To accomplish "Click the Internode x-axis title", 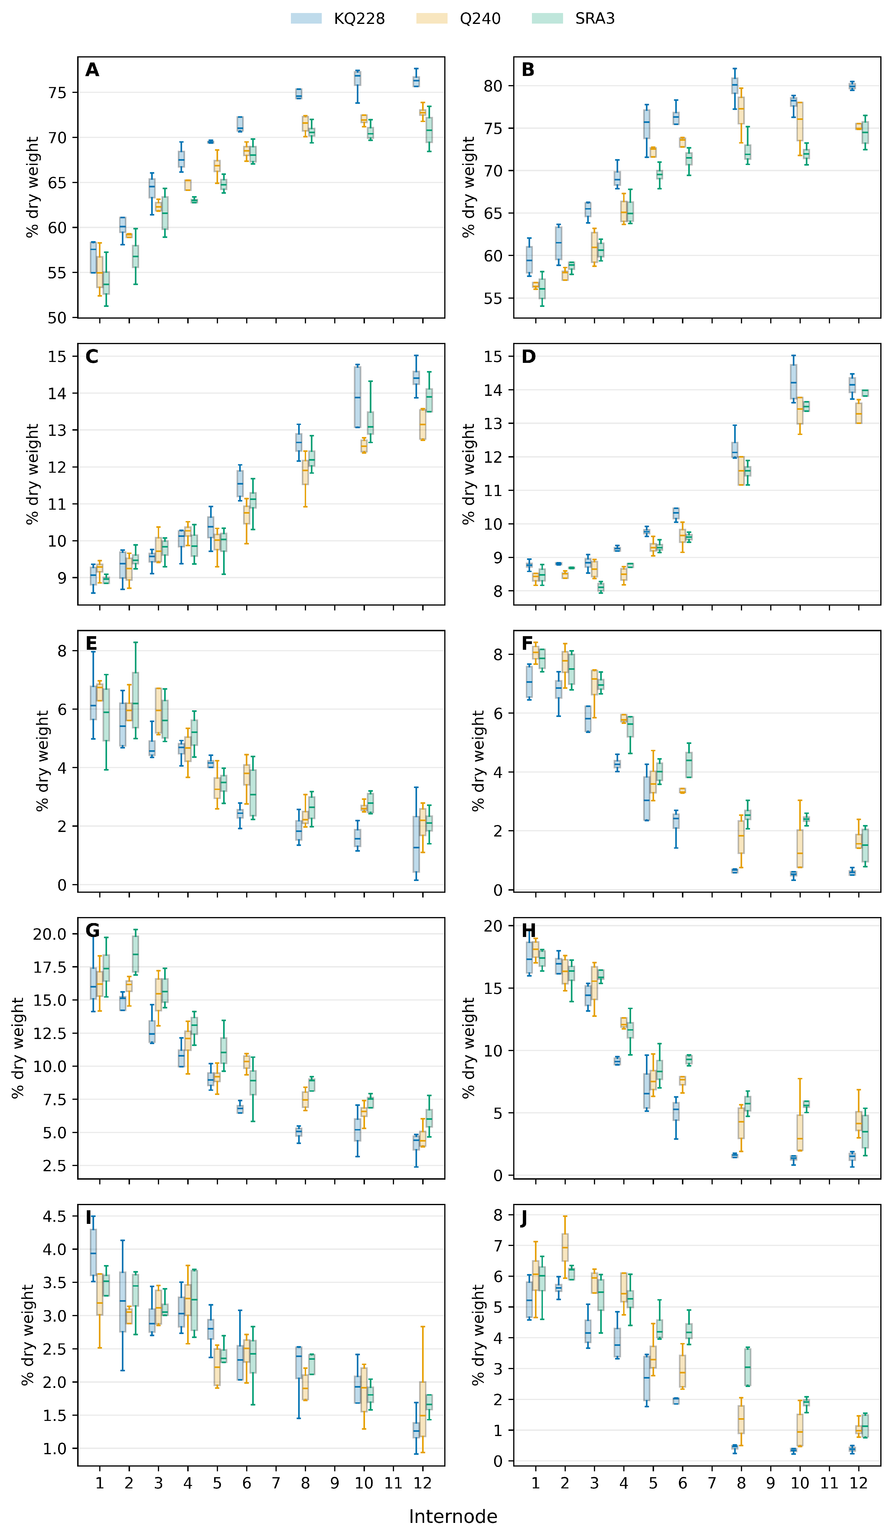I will pos(453,1516).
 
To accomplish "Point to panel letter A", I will pos(92,70).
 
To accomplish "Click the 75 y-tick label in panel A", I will pos(57,93).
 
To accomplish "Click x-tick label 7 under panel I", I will pos(276,1483).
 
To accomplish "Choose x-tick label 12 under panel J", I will pos(858,1483).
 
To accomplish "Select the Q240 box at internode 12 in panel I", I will pos(422,1409).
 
